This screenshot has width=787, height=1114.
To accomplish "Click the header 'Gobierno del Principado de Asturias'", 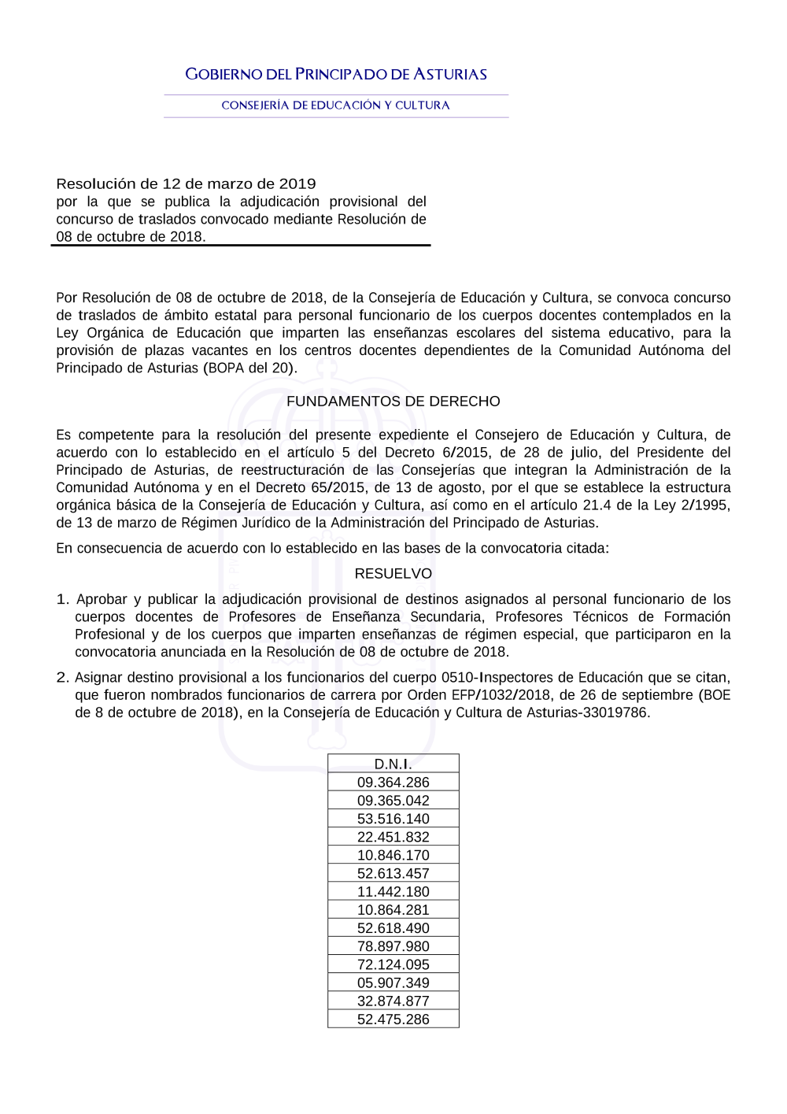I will [x=336, y=75].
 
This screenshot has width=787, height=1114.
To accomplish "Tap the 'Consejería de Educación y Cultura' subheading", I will [x=336, y=105].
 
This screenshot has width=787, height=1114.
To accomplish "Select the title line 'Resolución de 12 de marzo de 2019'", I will [x=186, y=184].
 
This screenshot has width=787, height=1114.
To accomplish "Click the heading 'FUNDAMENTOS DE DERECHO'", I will [x=393, y=402].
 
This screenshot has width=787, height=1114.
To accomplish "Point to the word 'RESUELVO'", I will [x=393, y=574].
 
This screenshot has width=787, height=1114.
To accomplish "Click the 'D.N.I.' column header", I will [x=393, y=764].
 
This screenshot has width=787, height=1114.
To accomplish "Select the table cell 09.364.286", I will [x=393, y=783].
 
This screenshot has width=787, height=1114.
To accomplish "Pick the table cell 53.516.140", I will [x=393, y=819].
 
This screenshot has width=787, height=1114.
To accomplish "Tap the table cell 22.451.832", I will [x=393, y=837].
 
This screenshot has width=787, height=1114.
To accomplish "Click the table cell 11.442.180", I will [x=393, y=892].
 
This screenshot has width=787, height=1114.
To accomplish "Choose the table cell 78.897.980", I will [x=393, y=946].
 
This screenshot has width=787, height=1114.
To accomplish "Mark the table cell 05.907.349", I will [x=393, y=983].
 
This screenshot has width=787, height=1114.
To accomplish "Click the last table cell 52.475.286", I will [x=393, y=1020].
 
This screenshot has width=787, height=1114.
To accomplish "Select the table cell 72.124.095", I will [x=393, y=964].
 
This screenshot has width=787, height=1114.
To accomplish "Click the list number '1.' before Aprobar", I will [x=63, y=600].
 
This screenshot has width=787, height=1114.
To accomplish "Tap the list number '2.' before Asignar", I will [x=63, y=678].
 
